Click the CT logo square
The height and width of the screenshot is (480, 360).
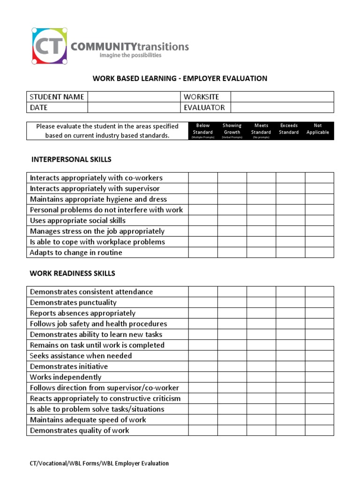(x=49, y=45)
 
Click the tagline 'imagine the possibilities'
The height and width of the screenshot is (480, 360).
(x=130, y=55)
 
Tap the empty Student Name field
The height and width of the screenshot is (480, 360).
(x=134, y=97)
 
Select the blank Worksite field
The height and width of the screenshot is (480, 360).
(x=282, y=97)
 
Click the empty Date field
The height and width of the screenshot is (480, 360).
(x=134, y=107)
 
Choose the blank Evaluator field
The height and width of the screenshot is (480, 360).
(x=282, y=107)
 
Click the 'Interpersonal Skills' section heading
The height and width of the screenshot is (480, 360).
(x=71, y=159)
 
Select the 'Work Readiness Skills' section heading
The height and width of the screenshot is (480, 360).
(x=73, y=273)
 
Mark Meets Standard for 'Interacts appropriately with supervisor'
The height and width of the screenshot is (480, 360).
(x=261, y=188)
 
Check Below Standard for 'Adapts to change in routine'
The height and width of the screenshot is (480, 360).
(x=203, y=253)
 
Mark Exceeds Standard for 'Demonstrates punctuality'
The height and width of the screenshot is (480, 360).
(x=290, y=302)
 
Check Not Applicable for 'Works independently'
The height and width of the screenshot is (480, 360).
(x=319, y=377)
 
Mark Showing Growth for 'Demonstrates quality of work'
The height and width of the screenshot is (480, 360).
(x=232, y=430)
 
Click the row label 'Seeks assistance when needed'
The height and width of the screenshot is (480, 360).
(x=81, y=356)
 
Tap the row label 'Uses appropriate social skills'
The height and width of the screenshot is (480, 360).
(x=78, y=220)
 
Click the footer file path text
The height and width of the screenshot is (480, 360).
(x=99, y=463)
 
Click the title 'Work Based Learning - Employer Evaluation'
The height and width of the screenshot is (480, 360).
(x=180, y=78)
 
